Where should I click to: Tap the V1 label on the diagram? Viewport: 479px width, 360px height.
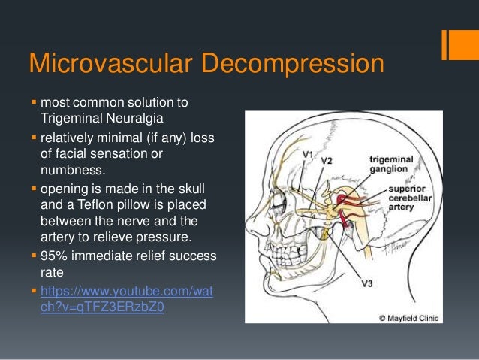click(x=308, y=154)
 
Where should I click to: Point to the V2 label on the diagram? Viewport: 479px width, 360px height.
click(x=327, y=160)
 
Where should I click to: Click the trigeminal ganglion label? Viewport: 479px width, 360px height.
click(x=391, y=165)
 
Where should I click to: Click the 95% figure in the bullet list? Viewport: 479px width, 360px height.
click(x=54, y=256)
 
